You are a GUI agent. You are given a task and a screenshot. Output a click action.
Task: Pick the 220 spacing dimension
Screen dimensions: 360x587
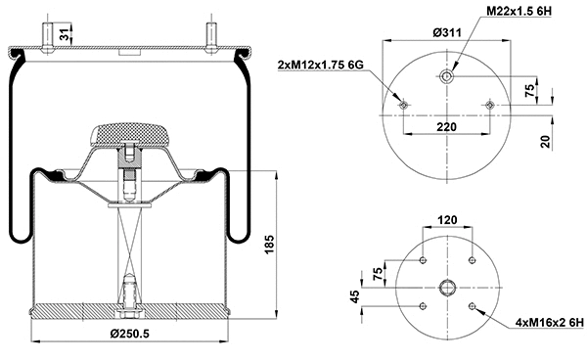(445, 125)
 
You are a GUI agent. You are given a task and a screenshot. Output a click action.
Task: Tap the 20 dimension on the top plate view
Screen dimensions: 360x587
(544, 141)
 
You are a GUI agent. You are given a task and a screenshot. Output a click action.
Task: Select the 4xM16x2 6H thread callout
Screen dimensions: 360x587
(549, 322)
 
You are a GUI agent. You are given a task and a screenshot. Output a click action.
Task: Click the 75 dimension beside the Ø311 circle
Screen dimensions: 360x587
(530, 92)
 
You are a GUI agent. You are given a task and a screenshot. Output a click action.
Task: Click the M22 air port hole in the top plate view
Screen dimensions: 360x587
(446, 77)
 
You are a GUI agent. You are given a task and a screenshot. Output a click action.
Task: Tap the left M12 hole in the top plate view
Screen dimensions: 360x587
(402, 105)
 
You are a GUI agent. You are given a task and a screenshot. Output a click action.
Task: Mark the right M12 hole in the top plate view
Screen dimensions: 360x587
(489, 105)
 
